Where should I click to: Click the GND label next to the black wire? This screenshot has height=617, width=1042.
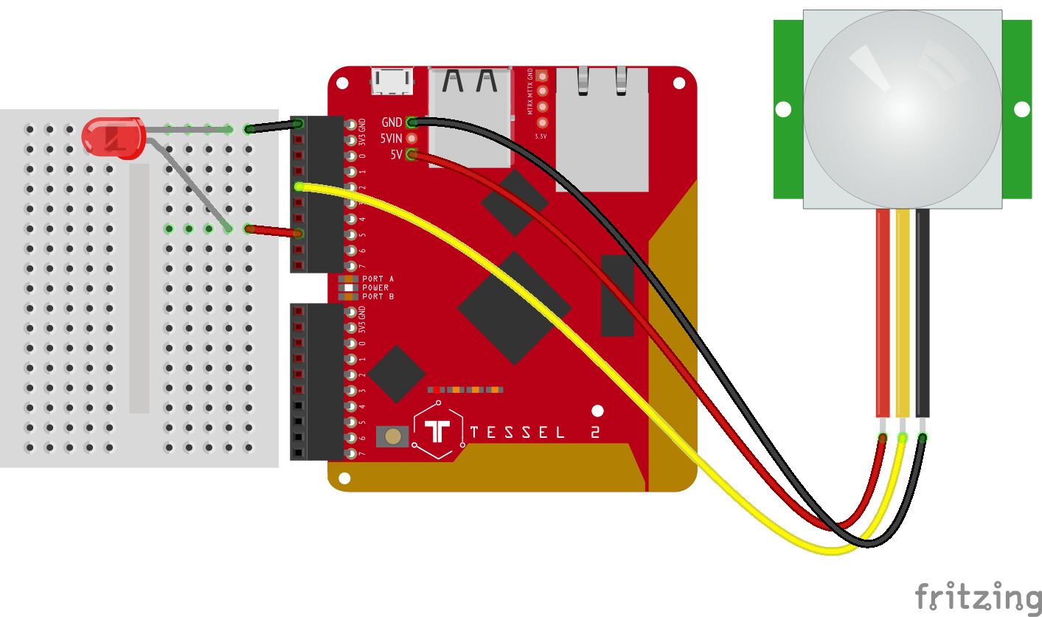(x=392, y=122)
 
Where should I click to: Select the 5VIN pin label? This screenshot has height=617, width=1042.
(x=392, y=138)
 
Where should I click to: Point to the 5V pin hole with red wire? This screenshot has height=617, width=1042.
(x=411, y=155)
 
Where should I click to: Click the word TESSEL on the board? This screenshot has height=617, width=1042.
(x=517, y=433)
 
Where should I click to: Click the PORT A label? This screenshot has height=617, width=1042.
(x=378, y=279)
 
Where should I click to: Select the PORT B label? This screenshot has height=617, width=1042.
(x=378, y=296)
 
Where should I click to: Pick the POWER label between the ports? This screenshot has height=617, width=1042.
(x=375, y=287)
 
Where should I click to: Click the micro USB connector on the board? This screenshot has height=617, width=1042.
(x=393, y=80)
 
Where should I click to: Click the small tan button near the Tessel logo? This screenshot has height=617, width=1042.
(x=393, y=436)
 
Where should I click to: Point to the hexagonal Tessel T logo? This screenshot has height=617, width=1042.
(x=438, y=432)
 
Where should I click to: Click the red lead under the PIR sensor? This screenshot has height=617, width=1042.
(x=882, y=313)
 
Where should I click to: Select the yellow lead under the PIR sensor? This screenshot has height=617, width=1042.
(x=903, y=313)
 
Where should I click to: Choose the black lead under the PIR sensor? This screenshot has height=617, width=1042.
(x=923, y=313)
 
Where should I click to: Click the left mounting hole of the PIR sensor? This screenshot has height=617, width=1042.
(x=783, y=110)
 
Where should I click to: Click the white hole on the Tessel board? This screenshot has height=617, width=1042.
(x=597, y=411)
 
